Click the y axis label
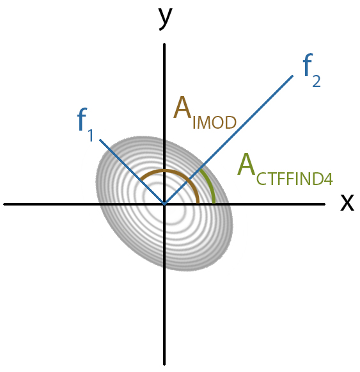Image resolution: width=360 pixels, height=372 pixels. [x=166, y=19]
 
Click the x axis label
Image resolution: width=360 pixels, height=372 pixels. [x=347, y=202]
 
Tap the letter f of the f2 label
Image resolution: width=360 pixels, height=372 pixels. [x=308, y=65]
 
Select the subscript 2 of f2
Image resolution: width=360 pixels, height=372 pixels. [x=317, y=81]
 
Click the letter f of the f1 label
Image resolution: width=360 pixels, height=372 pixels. [x=82, y=118]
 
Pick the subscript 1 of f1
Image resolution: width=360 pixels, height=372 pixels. [x=90, y=136]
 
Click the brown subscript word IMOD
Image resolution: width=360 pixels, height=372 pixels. [x=214, y=123]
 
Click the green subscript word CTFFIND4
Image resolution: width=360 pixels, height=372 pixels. [x=295, y=179]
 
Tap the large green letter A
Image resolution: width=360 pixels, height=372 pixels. [x=246, y=164]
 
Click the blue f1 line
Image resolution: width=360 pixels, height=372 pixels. [x=132, y=172]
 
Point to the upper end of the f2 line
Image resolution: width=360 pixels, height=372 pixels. [x=293, y=76]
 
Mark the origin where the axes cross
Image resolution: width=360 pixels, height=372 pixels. [x=164, y=204]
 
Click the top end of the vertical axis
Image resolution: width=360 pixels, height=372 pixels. [x=164, y=44]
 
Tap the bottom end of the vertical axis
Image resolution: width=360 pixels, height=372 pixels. [x=164, y=365]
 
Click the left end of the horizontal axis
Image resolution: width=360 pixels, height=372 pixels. [x=4, y=204]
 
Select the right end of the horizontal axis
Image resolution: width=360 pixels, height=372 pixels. [x=325, y=204]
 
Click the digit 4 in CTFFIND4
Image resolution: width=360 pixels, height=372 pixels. [x=329, y=179]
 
